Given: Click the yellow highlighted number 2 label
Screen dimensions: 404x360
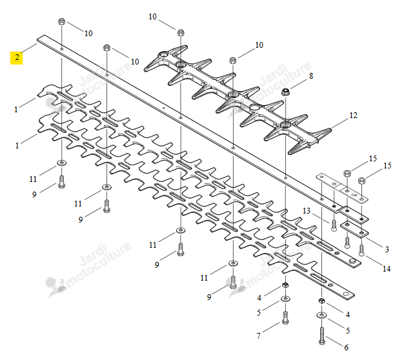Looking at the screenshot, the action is [17, 57].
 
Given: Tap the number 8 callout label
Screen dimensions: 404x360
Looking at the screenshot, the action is [311, 76].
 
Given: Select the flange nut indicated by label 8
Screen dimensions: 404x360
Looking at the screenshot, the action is [285, 92].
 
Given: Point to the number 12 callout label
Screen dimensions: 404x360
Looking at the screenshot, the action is [353, 115].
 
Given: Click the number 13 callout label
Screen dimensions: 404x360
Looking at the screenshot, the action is [307, 211].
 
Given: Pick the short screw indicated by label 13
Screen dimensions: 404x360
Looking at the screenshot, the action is [334, 226].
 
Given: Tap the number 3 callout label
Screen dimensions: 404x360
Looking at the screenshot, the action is [387, 250].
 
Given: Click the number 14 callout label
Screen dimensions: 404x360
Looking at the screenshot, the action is [387, 269].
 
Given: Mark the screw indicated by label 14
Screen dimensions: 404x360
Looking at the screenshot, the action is [362, 250].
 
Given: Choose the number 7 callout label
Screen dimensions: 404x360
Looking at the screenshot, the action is [259, 335].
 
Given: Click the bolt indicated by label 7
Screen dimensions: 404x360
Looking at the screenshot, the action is [285, 317].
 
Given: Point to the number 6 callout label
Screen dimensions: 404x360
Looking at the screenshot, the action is [347, 348].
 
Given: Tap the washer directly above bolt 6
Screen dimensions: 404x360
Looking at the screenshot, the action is [322, 315].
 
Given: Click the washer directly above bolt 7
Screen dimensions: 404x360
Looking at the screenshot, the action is [285, 299].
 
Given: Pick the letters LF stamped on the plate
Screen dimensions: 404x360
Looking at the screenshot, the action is [354, 192].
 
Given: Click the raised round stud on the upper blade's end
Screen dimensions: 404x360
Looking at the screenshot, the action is [352, 262].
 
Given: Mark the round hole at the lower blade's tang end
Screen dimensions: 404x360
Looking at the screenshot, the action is [347, 294].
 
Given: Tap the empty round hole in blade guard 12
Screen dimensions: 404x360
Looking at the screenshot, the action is [256, 107].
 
